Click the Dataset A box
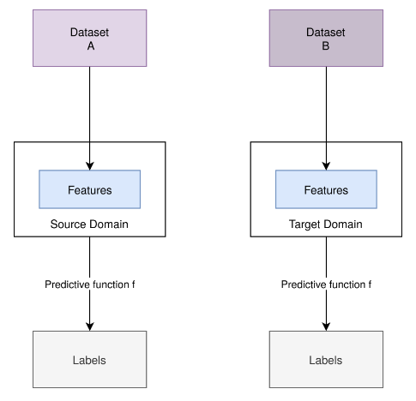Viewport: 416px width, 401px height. coord(90,38)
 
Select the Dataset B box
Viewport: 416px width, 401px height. coord(326,38)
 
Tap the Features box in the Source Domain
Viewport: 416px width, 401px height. coord(90,189)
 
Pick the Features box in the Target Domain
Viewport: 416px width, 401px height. coord(326,189)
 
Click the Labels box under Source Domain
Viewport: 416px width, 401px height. coord(90,359)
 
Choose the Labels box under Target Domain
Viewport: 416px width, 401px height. coord(326,359)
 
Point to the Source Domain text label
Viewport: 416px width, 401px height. coord(89,224)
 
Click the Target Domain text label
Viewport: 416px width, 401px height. coord(326,224)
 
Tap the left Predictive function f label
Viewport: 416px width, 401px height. coord(90,284)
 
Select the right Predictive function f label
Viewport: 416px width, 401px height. coord(326,284)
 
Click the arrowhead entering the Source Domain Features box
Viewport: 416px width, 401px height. coord(90,166)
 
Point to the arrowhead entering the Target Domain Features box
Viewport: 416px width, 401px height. coord(326,166)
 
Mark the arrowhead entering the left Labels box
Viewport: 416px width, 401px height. coord(90,327)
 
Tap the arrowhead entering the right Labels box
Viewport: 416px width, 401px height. coord(326,327)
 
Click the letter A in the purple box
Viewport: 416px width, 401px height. coord(91,46)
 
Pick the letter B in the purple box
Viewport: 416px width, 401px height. coord(326,46)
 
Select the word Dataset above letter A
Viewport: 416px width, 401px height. coord(89,33)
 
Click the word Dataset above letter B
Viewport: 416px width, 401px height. coord(326,33)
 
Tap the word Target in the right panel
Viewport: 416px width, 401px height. coord(305,224)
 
